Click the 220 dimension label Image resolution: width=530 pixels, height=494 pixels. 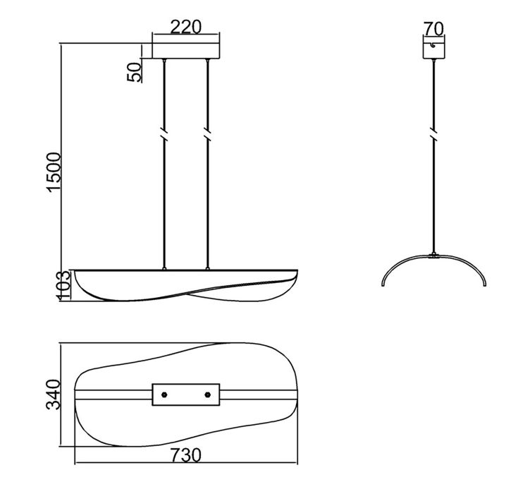pyautogui.click(x=185, y=27)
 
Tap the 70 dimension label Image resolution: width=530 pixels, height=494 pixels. pyautogui.click(x=433, y=29)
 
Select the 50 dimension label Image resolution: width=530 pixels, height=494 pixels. pyautogui.click(x=134, y=72)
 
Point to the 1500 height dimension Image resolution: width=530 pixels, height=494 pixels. pyautogui.click(x=54, y=172)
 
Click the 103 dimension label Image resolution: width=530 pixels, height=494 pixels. pyautogui.click(x=64, y=285)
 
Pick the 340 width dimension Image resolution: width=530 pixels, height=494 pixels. pyautogui.click(x=53, y=394)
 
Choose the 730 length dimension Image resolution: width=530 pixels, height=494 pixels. pyautogui.click(x=185, y=455)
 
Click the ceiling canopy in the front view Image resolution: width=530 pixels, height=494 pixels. pyautogui.click(x=186, y=51)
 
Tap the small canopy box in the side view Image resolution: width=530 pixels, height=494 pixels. pyautogui.click(x=433, y=51)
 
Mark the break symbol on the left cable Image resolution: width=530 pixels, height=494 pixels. pyautogui.click(x=164, y=133)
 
